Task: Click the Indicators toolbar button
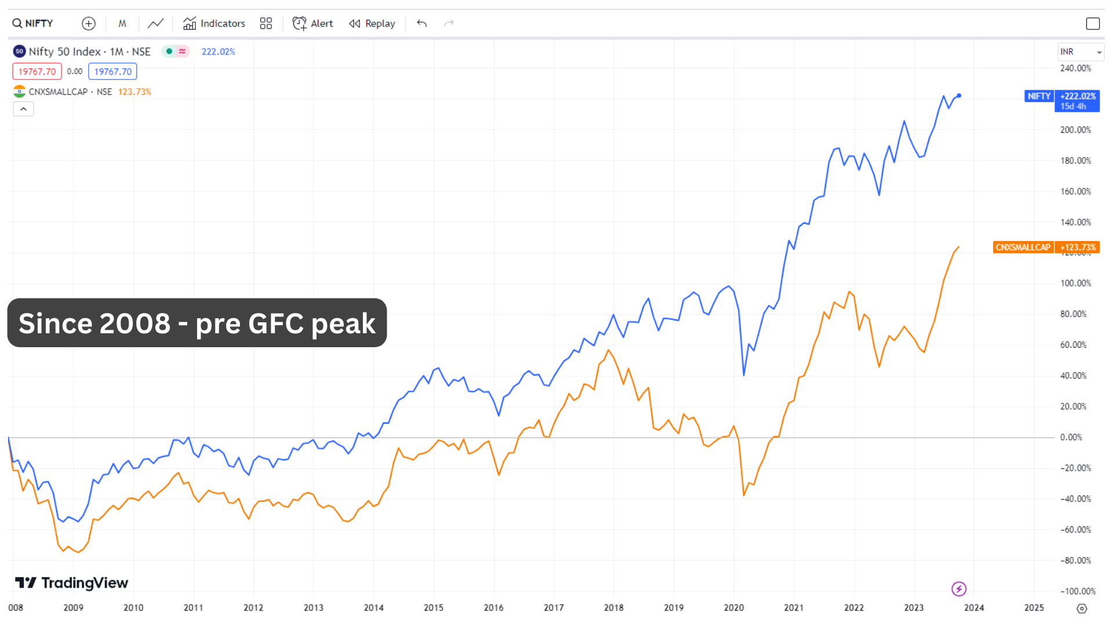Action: click(x=214, y=24)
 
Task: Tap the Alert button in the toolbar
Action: click(x=313, y=24)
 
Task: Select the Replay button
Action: click(x=372, y=24)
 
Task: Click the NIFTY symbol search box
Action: click(x=34, y=24)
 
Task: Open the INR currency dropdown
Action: click(x=1080, y=52)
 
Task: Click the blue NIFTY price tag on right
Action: click(x=1039, y=96)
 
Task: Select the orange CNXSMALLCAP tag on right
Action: click(x=1023, y=248)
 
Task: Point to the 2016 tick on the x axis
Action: click(x=493, y=607)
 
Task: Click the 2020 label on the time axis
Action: click(x=734, y=607)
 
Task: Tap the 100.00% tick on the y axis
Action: click(x=1075, y=283)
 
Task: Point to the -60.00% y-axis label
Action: click(x=1075, y=530)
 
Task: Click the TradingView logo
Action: click(x=71, y=583)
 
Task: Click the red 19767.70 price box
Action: click(x=37, y=72)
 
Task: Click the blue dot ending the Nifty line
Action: click(x=959, y=96)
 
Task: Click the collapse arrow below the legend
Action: click(x=24, y=109)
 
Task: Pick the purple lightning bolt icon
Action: click(x=959, y=589)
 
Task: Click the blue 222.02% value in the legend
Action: click(x=219, y=52)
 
